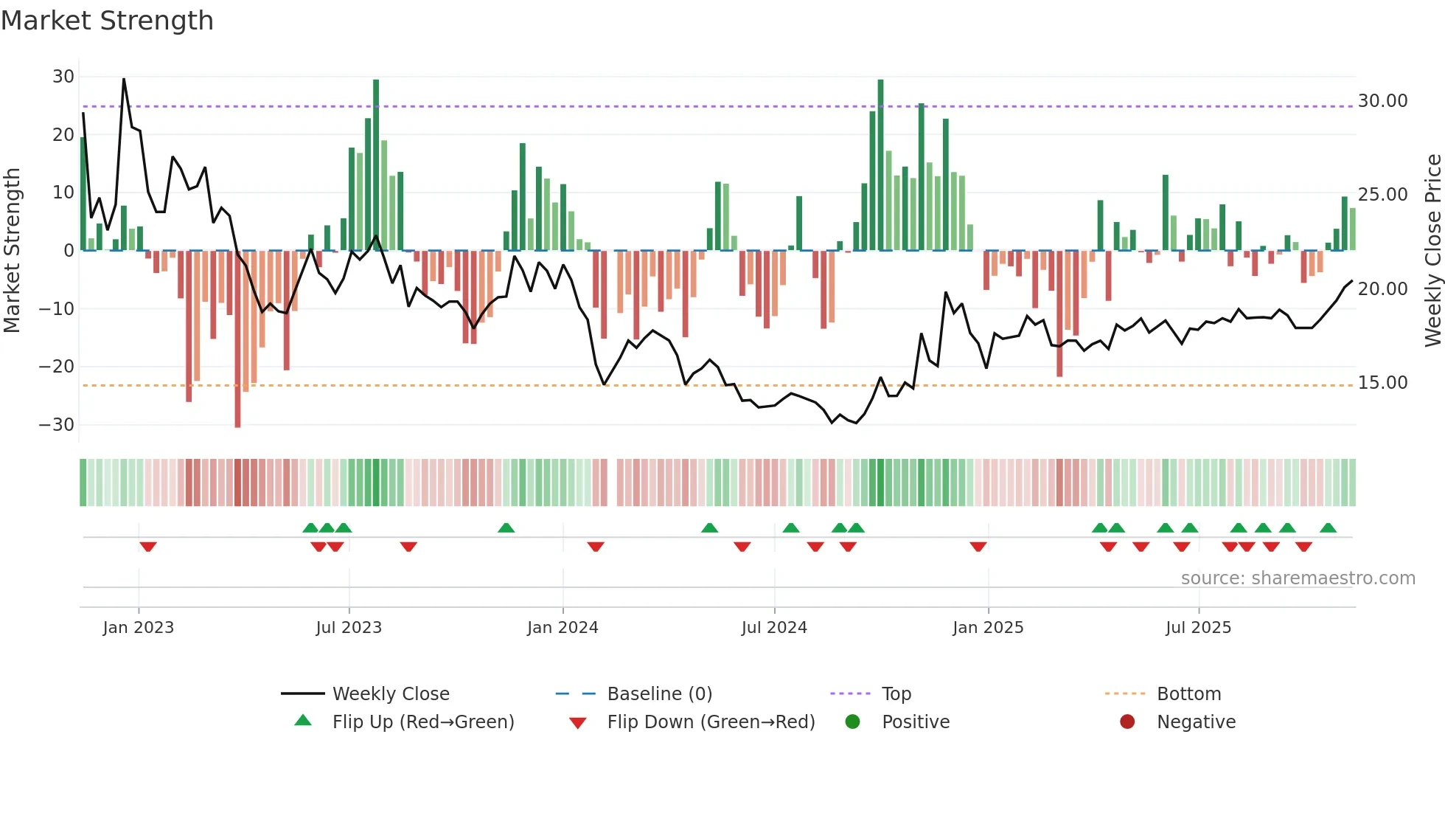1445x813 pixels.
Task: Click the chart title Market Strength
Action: [x=107, y=21]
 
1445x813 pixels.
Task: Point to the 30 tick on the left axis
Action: [x=63, y=77]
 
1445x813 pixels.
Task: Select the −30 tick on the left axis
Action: [x=57, y=425]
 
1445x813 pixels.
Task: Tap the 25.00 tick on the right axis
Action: [x=1382, y=195]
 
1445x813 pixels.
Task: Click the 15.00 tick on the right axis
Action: [x=1382, y=383]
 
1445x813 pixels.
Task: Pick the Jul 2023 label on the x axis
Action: [x=349, y=628]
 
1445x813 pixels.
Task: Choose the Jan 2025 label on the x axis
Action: [x=988, y=628]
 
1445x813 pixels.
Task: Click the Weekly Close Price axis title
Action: [x=1432, y=251]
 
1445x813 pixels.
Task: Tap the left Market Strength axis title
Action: [x=13, y=251]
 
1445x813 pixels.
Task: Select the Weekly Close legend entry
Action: [x=391, y=694]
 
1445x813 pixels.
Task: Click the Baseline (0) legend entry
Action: [x=659, y=694]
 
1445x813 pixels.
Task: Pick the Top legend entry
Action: [x=896, y=694]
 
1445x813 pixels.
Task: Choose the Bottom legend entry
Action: [x=1188, y=694]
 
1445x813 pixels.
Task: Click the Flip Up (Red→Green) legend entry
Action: [x=422, y=722]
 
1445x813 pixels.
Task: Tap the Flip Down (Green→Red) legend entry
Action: [x=711, y=722]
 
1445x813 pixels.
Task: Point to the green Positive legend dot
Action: [x=852, y=722]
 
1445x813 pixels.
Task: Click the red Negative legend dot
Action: [x=1127, y=722]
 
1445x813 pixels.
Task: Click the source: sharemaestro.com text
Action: [x=1298, y=578]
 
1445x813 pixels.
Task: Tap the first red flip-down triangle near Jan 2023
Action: [x=148, y=547]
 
